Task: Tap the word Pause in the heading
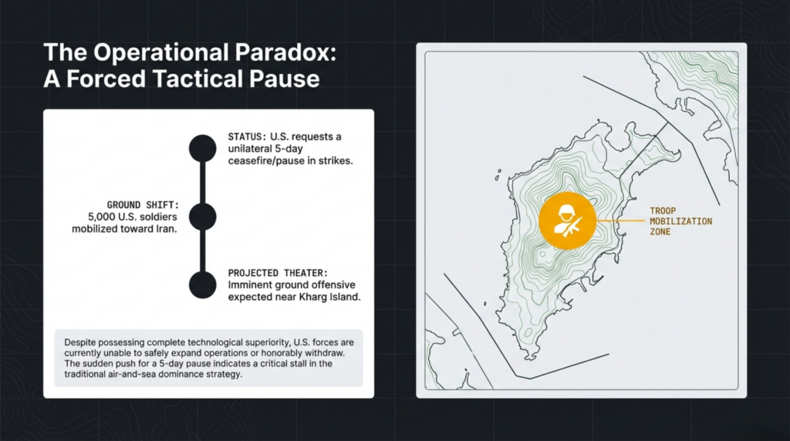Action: pos(285,79)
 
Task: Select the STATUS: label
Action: pos(247,137)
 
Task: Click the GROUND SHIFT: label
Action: pos(143,205)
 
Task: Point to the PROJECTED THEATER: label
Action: pos(278,273)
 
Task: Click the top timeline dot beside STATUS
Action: pos(203,149)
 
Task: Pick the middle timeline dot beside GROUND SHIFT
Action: pos(203,217)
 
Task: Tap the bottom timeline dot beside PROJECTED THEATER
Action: pos(203,285)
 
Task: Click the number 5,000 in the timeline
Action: pos(102,217)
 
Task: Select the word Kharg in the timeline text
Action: pos(313,297)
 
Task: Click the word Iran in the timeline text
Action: pos(167,229)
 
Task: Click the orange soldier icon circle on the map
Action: pos(568,220)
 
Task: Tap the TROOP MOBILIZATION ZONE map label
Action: pos(680,221)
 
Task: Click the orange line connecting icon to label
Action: pos(621,220)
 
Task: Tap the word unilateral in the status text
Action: pos(247,149)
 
